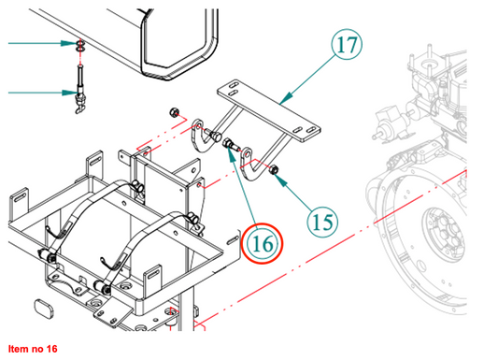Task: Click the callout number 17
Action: pos(347,45)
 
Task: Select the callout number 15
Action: pos(322,223)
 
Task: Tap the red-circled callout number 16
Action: pos(262,244)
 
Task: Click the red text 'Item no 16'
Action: pos(33,349)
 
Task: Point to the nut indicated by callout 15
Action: pos(273,170)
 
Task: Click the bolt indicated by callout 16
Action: pos(231,145)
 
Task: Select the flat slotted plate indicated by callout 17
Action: pos(269,110)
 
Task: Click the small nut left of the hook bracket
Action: pos(174,112)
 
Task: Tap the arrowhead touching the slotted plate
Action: pos(286,98)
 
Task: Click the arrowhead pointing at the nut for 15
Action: pos(280,180)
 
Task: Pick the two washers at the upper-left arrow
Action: pos(80,46)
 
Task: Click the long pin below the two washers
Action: pos(80,88)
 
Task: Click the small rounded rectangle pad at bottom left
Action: pos(45,309)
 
